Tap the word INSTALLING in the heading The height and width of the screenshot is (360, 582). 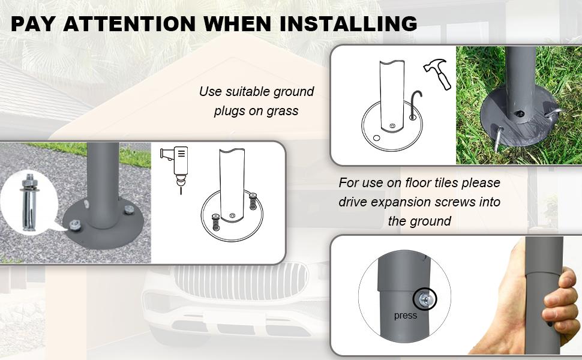(x=349, y=23)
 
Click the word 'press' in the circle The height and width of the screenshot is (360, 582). (x=406, y=316)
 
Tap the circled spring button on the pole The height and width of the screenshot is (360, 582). (x=425, y=299)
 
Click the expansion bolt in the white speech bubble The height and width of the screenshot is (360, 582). (x=29, y=202)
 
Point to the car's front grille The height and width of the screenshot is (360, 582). (x=241, y=280)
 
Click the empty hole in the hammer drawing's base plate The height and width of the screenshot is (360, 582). (x=377, y=138)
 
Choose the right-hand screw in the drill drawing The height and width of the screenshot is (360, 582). (x=253, y=201)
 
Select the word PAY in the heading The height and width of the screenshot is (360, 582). (x=33, y=23)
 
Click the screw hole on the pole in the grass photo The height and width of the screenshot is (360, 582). (x=520, y=114)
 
